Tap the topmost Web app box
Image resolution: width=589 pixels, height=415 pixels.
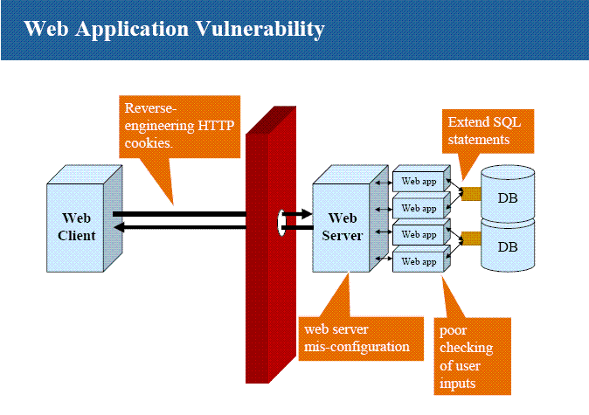tap(419, 182)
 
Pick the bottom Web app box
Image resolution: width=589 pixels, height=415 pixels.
tap(419, 261)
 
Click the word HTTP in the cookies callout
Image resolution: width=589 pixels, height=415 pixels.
tap(215, 125)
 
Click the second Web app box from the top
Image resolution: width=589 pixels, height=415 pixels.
tap(419, 208)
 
